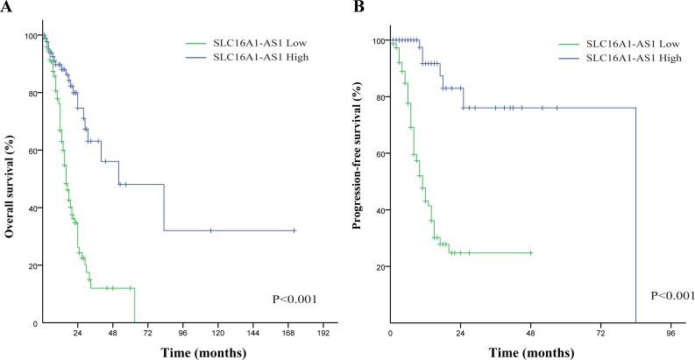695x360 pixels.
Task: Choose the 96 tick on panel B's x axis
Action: coord(670,334)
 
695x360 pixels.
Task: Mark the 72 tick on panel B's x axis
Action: coord(600,334)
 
